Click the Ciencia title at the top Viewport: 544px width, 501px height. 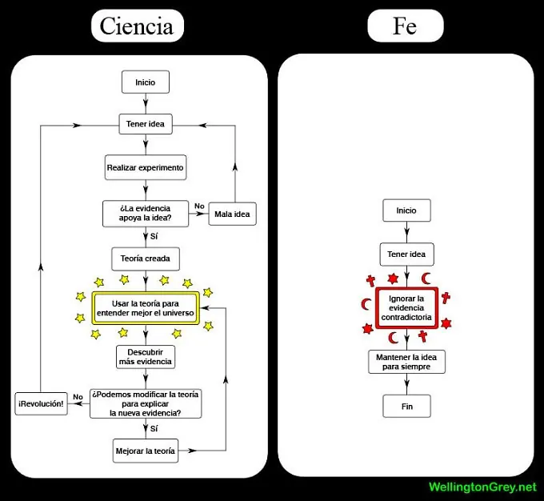(x=136, y=26)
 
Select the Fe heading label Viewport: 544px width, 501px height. (x=405, y=26)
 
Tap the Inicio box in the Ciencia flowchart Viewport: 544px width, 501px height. (x=145, y=82)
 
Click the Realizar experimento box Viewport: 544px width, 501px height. (x=145, y=168)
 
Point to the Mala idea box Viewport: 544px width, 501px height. (x=232, y=214)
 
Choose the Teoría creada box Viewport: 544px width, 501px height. (x=145, y=259)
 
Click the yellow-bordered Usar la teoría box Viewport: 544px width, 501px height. (x=145, y=307)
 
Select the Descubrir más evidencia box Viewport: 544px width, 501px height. (x=145, y=356)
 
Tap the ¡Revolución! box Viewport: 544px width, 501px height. (x=41, y=404)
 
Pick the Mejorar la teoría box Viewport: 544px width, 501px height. (x=145, y=451)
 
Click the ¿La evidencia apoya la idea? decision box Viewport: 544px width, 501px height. (x=145, y=213)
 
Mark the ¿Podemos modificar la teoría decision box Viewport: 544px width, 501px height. (x=145, y=403)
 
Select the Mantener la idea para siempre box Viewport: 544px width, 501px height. (x=406, y=362)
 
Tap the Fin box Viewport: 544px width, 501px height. (x=406, y=406)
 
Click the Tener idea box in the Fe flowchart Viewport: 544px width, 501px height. (x=406, y=255)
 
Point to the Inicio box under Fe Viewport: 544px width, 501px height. (x=406, y=211)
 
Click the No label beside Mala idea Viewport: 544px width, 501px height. (x=199, y=206)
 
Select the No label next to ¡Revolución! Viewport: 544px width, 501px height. (x=78, y=397)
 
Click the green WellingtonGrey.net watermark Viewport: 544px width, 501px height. (x=482, y=487)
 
